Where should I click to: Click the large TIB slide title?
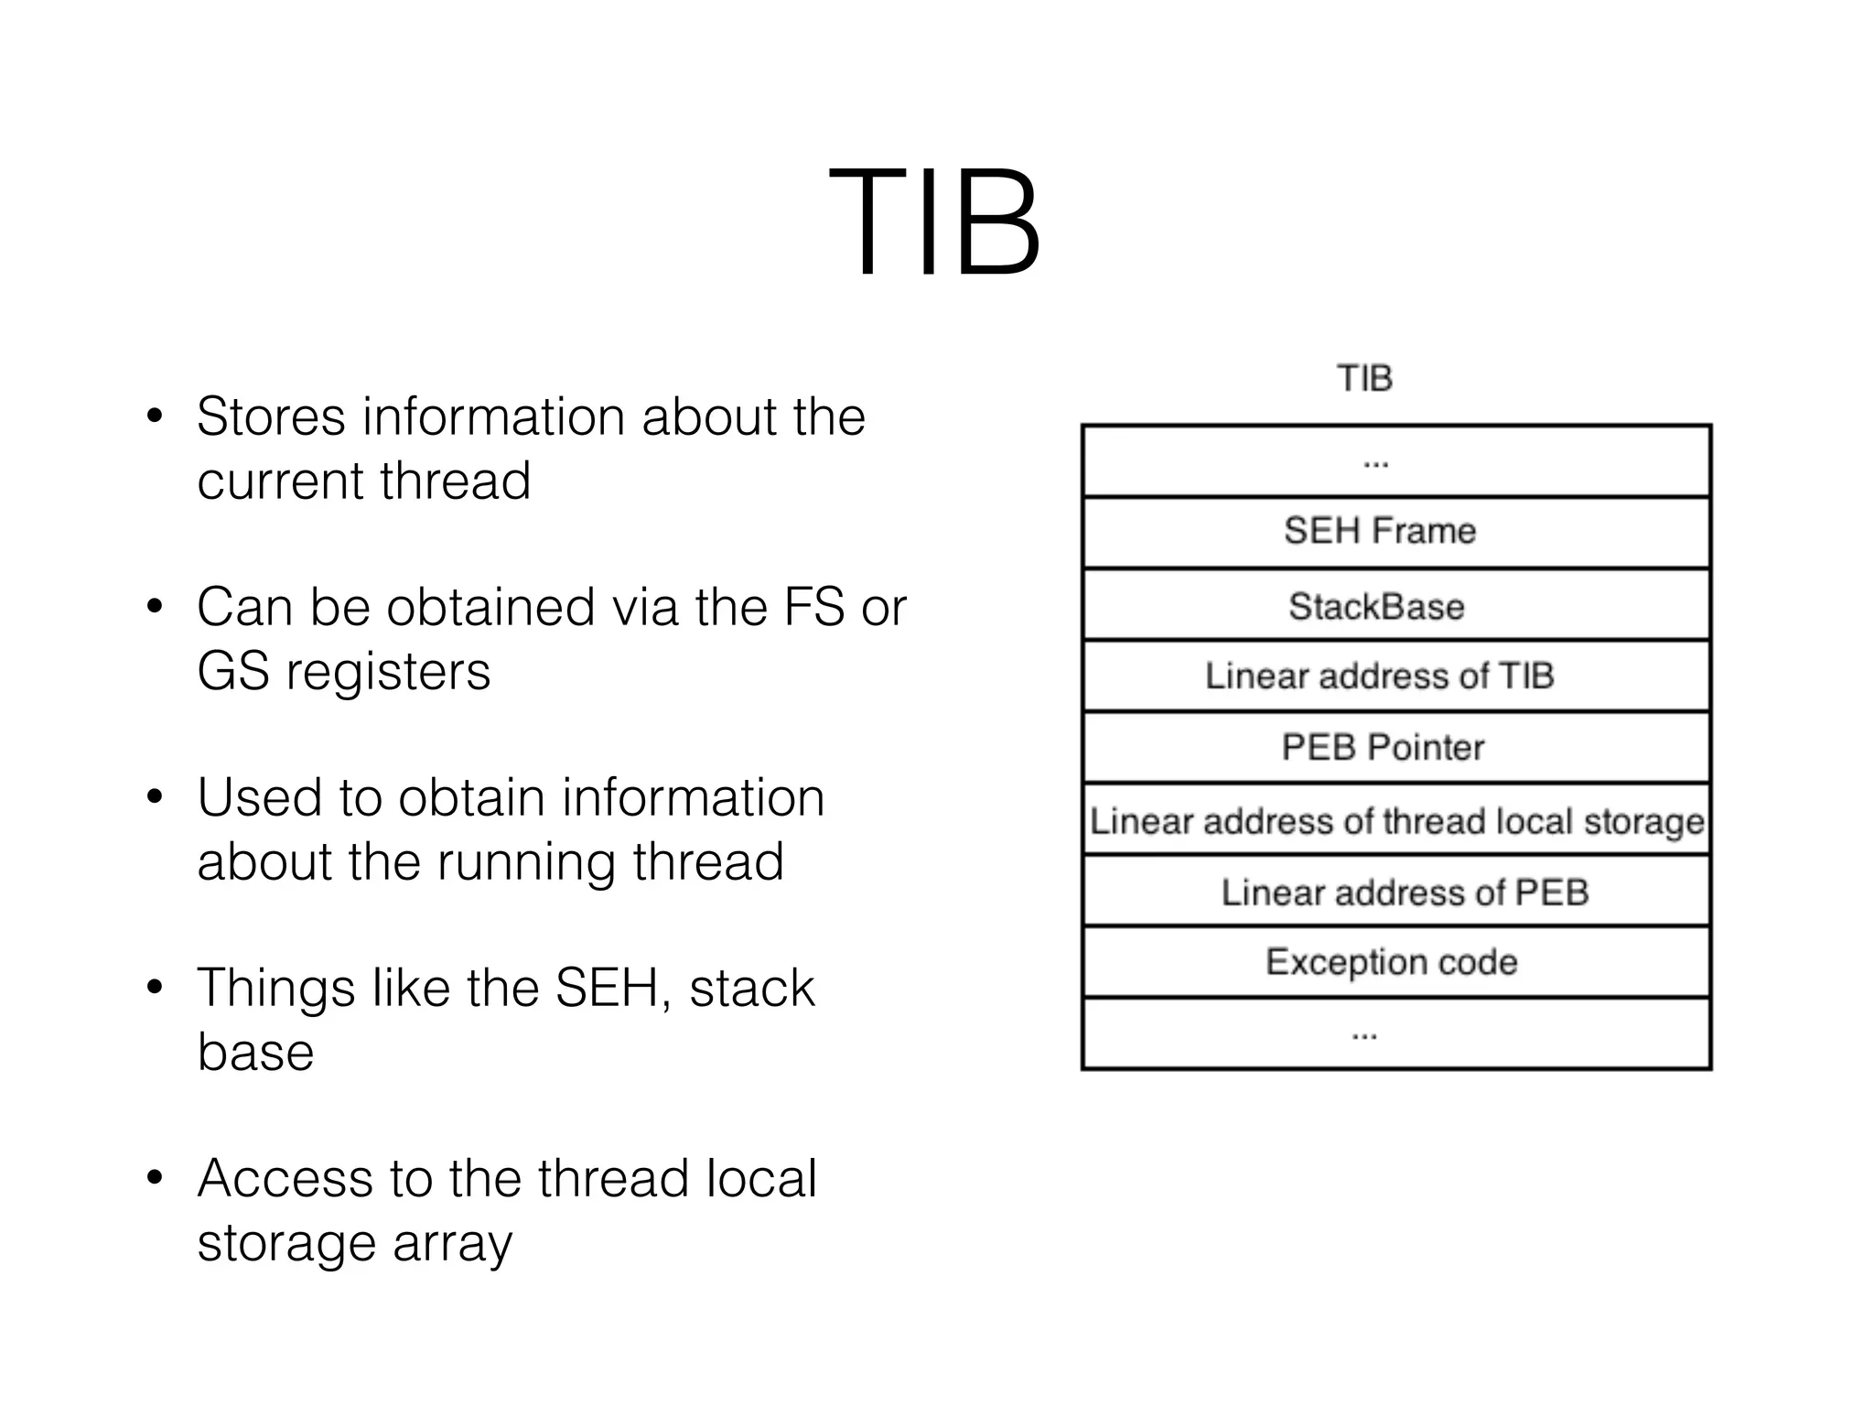[x=934, y=222]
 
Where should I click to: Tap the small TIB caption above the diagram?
[x=1364, y=378]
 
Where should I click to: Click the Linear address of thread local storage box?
[x=1396, y=821]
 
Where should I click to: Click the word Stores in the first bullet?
[x=271, y=416]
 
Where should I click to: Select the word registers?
[x=388, y=673]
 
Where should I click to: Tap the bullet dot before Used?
[x=155, y=797]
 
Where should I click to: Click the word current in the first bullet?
[x=280, y=481]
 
